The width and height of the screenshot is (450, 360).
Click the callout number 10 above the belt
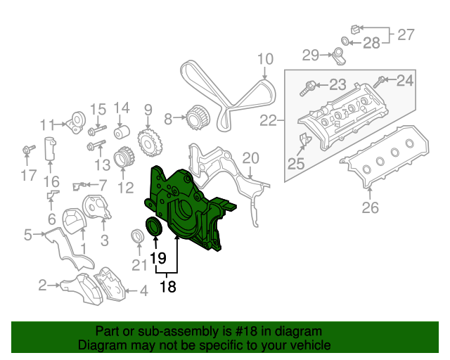(264, 60)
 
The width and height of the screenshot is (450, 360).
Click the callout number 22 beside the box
(268, 122)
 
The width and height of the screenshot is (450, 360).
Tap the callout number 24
(405, 81)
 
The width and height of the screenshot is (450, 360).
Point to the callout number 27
(406, 33)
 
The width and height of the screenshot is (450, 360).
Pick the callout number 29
(311, 54)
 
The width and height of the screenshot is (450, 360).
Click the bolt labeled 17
(29, 150)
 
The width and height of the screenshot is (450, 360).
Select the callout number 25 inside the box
(295, 164)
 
